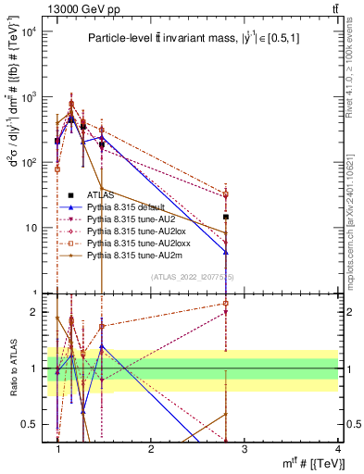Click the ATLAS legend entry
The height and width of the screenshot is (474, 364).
(102, 195)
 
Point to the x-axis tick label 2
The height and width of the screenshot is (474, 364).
(151, 449)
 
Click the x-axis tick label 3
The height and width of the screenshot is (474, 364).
(244, 449)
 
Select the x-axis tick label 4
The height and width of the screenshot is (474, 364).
(337, 449)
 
